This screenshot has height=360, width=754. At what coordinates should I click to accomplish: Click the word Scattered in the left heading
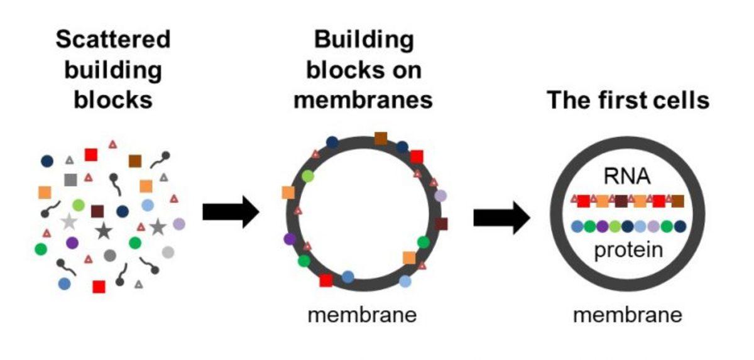(x=113, y=40)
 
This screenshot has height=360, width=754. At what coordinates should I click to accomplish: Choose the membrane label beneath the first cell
(x=627, y=314)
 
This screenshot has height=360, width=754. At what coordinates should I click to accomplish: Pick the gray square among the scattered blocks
(x=70, y=180)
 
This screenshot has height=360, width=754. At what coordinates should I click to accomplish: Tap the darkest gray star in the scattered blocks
(x=103, y=232)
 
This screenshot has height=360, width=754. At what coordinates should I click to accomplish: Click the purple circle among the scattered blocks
(x=72, y=242)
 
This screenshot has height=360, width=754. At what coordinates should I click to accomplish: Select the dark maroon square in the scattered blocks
(x=97, y=211)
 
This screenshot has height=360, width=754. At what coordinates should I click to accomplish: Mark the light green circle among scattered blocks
(x=79, y=205)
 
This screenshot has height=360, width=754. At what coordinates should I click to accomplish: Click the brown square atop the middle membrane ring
(x=381, y=138)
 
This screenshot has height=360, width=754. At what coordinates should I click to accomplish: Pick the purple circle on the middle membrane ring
(x=290, y=239)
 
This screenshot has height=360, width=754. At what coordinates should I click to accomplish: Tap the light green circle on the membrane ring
(x=307, y=177)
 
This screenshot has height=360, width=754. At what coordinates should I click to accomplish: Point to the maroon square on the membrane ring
(x=441, y=224)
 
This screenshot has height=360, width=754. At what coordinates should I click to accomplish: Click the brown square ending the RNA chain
(x=677, y=201)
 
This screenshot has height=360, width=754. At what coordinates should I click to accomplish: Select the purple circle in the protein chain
(x=603, y=226)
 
